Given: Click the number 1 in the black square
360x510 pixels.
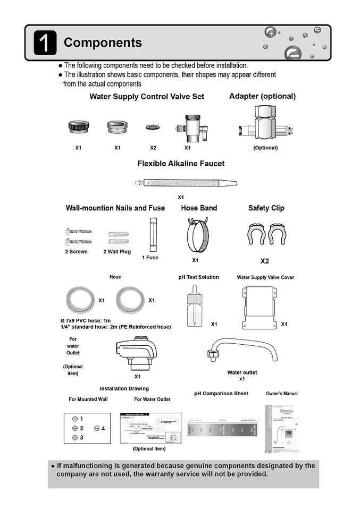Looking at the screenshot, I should tap(45, 42).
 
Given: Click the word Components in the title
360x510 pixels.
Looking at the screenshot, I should tap(103, 42).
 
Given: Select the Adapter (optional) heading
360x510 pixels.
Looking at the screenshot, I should tap(262, 96).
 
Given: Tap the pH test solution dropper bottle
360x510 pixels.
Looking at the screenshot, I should tap(194, 308).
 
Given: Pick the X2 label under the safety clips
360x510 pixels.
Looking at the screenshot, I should tap(264, 261).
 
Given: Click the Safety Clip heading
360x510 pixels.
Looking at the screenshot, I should tap(266, 208).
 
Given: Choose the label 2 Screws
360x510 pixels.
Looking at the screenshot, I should tap(76, 251).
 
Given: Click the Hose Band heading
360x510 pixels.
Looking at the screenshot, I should tap(199, 208).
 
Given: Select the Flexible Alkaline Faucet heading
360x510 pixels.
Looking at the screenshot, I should tap(181, 164).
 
